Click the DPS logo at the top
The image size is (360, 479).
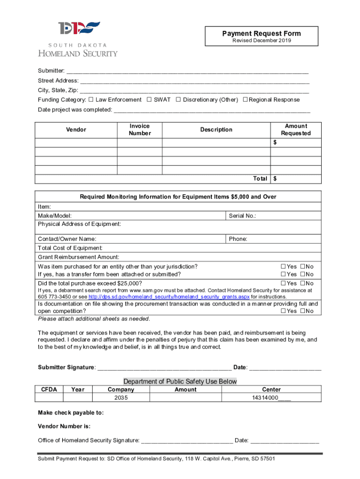(79, 29)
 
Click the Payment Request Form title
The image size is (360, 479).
(261, 33)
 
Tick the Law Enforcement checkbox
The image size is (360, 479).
(91, 100)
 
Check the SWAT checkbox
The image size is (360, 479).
(149, 100)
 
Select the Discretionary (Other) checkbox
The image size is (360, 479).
(178, 100)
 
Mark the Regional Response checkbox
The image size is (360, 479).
(245, 100)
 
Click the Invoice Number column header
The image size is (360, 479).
(140, 130)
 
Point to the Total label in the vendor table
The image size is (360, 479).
(260, 179)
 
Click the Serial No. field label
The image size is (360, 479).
(242, 216)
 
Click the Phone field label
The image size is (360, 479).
(238, 239)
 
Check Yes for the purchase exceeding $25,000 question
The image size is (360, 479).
(283, 283)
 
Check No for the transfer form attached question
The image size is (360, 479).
(302, 275)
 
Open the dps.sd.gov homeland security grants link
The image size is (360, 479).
(169, 297)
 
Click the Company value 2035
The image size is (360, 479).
(121, 398)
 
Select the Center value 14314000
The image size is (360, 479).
(271, 398)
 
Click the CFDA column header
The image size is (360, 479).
(49, 389)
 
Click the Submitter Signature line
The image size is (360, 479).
(164, 367)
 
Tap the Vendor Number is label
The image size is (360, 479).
(64, 426)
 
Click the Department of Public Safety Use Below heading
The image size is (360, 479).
(180, 381)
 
